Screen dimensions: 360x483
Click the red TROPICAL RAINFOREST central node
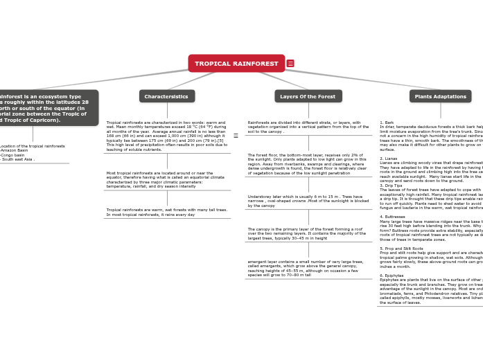pyautogui.click(x=236, y=64)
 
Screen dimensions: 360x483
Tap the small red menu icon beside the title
pyautogui.click(x=290, y=64)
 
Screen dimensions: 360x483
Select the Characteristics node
pyautogui.click(x=166, y=96)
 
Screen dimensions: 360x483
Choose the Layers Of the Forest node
pyautogui.click(x=308, y=96)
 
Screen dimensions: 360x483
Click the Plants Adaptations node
pyautogui.click(x=440, y=96)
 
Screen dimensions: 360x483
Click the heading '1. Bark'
pyautogui.click(x=387, y=123)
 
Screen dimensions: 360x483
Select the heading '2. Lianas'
pyautogui.click(x=389, y=159)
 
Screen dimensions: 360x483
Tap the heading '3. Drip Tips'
pyautogui.click(x=392, y=186)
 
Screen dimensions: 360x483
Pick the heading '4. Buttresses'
pyautogui.click(x=393, y=217)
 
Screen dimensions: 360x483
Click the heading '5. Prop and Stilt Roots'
pyautogui.click(x=401, y=248)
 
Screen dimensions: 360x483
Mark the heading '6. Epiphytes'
pyautogui.click(x=392, y=276)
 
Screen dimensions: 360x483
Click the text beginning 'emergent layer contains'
pyautogui.click(x=305, y=269)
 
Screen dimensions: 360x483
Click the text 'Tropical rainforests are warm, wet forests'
pyautogui.click(x=166, y=212)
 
